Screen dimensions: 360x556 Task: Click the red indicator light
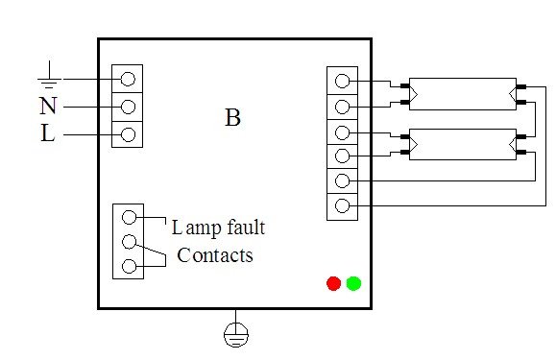click(x=333, y=283)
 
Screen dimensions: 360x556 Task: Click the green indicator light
click(x=353, y=283)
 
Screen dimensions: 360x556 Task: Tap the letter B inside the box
click(x=232, y=118)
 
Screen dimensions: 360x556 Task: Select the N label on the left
click(x=47, y=106)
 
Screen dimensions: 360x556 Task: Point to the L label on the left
click(x=47, y=134)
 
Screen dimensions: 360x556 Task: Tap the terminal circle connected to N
click(x=128, y=105)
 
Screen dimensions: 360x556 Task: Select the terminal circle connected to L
click(x=128, y=132)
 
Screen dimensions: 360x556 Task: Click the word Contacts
click(x=215, y=255)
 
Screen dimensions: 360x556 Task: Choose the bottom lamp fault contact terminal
click(x=128, y=265)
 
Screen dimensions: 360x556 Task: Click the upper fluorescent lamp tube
click(x=462, y=92)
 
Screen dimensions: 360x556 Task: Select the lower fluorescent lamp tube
click(x=462, y=143)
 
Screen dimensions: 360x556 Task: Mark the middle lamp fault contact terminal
click(x=128, y=241)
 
